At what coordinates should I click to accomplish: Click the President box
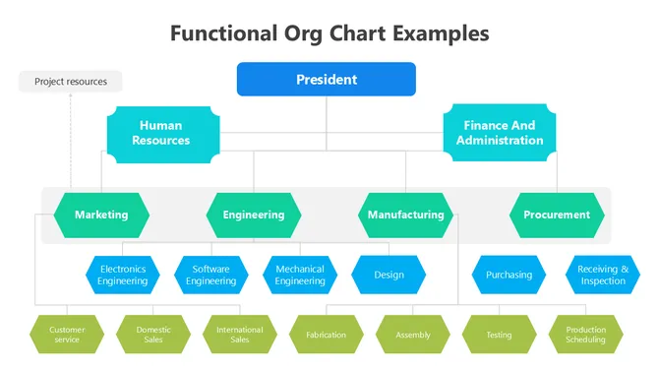(x=326, y=80)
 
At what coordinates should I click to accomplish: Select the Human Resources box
(x=160, y=134)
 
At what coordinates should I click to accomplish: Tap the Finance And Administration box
(x=499, y=134)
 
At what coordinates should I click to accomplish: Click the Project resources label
(x=70, y=82)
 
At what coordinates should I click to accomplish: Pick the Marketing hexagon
(x=101, y=215)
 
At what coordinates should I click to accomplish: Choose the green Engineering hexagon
(x=253, y=215)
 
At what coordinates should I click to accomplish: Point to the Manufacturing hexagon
(x=405, y=215)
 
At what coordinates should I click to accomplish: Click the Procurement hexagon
(x=556, y=215)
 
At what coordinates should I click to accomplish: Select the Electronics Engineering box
(x=122, y=276)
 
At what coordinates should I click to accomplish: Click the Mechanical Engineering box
(x=300, y=276)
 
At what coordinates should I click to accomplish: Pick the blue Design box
(x=389, y=276)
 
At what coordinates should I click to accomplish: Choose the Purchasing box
(x=509, y=276)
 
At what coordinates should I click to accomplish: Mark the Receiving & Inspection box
(x=603, y=276)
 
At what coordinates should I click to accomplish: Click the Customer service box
(x=67, y=335)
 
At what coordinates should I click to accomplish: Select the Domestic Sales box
(x=153, y=335)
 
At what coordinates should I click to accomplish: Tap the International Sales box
(x=240, y=335)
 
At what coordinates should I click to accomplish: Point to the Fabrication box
(x=326, y=335)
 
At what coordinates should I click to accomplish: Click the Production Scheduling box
(x=586, y=335)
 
